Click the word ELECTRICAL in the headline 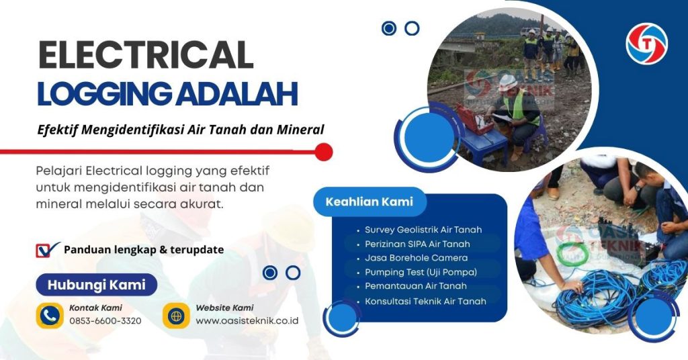[145, 55]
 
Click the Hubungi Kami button [96, 285]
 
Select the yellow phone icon [50, 315]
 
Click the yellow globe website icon [176, 315]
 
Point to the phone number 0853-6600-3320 [105, 321]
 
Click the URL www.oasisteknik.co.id [247, 321]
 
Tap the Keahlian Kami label [369, 201]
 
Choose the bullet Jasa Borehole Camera [416, 258]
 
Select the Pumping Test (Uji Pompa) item [421, 272]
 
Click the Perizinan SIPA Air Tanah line [417, 244]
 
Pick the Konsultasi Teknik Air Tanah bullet [425, 301]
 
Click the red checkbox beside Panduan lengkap [46, 250]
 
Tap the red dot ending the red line [324, 152]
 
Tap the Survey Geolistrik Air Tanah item [423, 230]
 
